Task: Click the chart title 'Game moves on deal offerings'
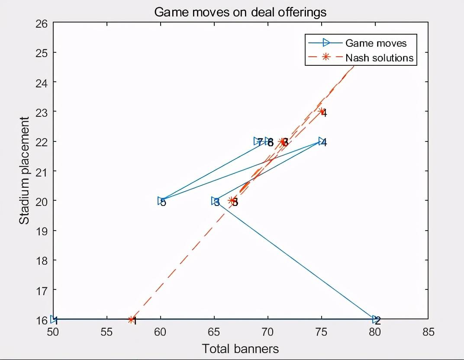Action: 240,12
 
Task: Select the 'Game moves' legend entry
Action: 376,43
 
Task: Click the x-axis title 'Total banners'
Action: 240,349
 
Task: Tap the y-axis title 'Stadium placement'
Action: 25,170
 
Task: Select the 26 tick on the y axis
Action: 42,23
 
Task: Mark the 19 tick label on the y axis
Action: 42,230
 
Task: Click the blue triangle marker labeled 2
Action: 375,319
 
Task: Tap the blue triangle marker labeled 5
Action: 161,201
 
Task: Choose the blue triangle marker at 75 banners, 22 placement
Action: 322,141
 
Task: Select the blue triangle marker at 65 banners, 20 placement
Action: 215,201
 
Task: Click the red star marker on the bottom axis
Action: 132,320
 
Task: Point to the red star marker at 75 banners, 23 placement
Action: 322,112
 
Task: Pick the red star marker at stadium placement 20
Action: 232,201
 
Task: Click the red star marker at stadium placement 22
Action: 283,141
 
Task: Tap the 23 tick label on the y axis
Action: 42,112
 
